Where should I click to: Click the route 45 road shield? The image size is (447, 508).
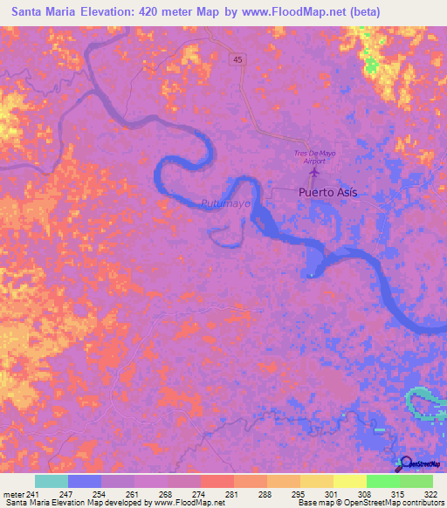coord(238,59)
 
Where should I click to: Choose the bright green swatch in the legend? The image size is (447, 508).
coord(382,481)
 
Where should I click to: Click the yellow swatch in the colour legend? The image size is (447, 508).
coord(349,481)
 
